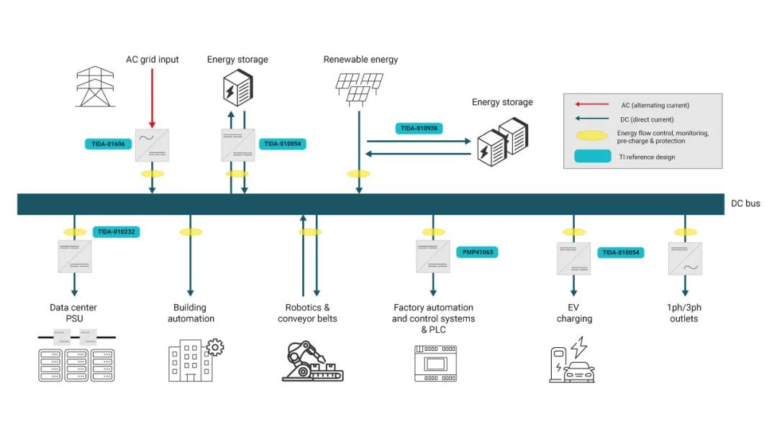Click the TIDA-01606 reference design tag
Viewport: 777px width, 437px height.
[108, 144]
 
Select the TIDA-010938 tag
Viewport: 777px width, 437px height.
[419, 128]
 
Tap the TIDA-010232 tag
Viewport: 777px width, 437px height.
[116, 231]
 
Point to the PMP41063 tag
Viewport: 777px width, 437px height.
[477, 252]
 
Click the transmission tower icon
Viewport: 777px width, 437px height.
[95, 86]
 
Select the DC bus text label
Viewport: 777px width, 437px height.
[745, 203]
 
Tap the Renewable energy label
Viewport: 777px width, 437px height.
[360, 60]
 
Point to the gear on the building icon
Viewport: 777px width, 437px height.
[214, 348]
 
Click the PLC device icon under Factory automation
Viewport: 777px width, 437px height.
[435, 363]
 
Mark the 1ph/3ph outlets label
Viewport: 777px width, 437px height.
[684, 313]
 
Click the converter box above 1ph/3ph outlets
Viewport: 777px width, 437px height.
[685, 259]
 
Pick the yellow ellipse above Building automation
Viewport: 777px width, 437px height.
[191, 232]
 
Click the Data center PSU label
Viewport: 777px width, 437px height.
[73, 313]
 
